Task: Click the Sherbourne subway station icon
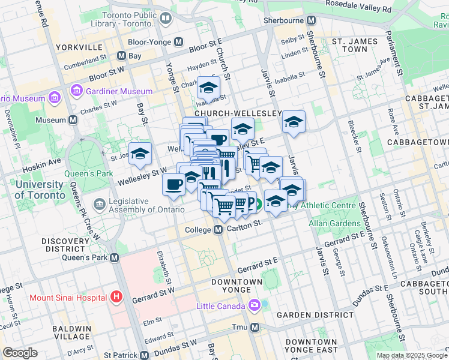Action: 311,20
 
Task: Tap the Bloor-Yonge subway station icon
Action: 178,43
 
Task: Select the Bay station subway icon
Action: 121,56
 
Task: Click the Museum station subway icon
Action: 73,120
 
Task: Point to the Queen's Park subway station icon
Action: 114,257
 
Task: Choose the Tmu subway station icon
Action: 255,327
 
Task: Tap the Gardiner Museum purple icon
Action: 77,91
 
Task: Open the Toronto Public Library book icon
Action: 164,19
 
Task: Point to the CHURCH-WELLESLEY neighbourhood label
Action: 238,113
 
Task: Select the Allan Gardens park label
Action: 334,223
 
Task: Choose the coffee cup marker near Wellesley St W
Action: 173,184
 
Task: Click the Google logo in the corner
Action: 20,353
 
